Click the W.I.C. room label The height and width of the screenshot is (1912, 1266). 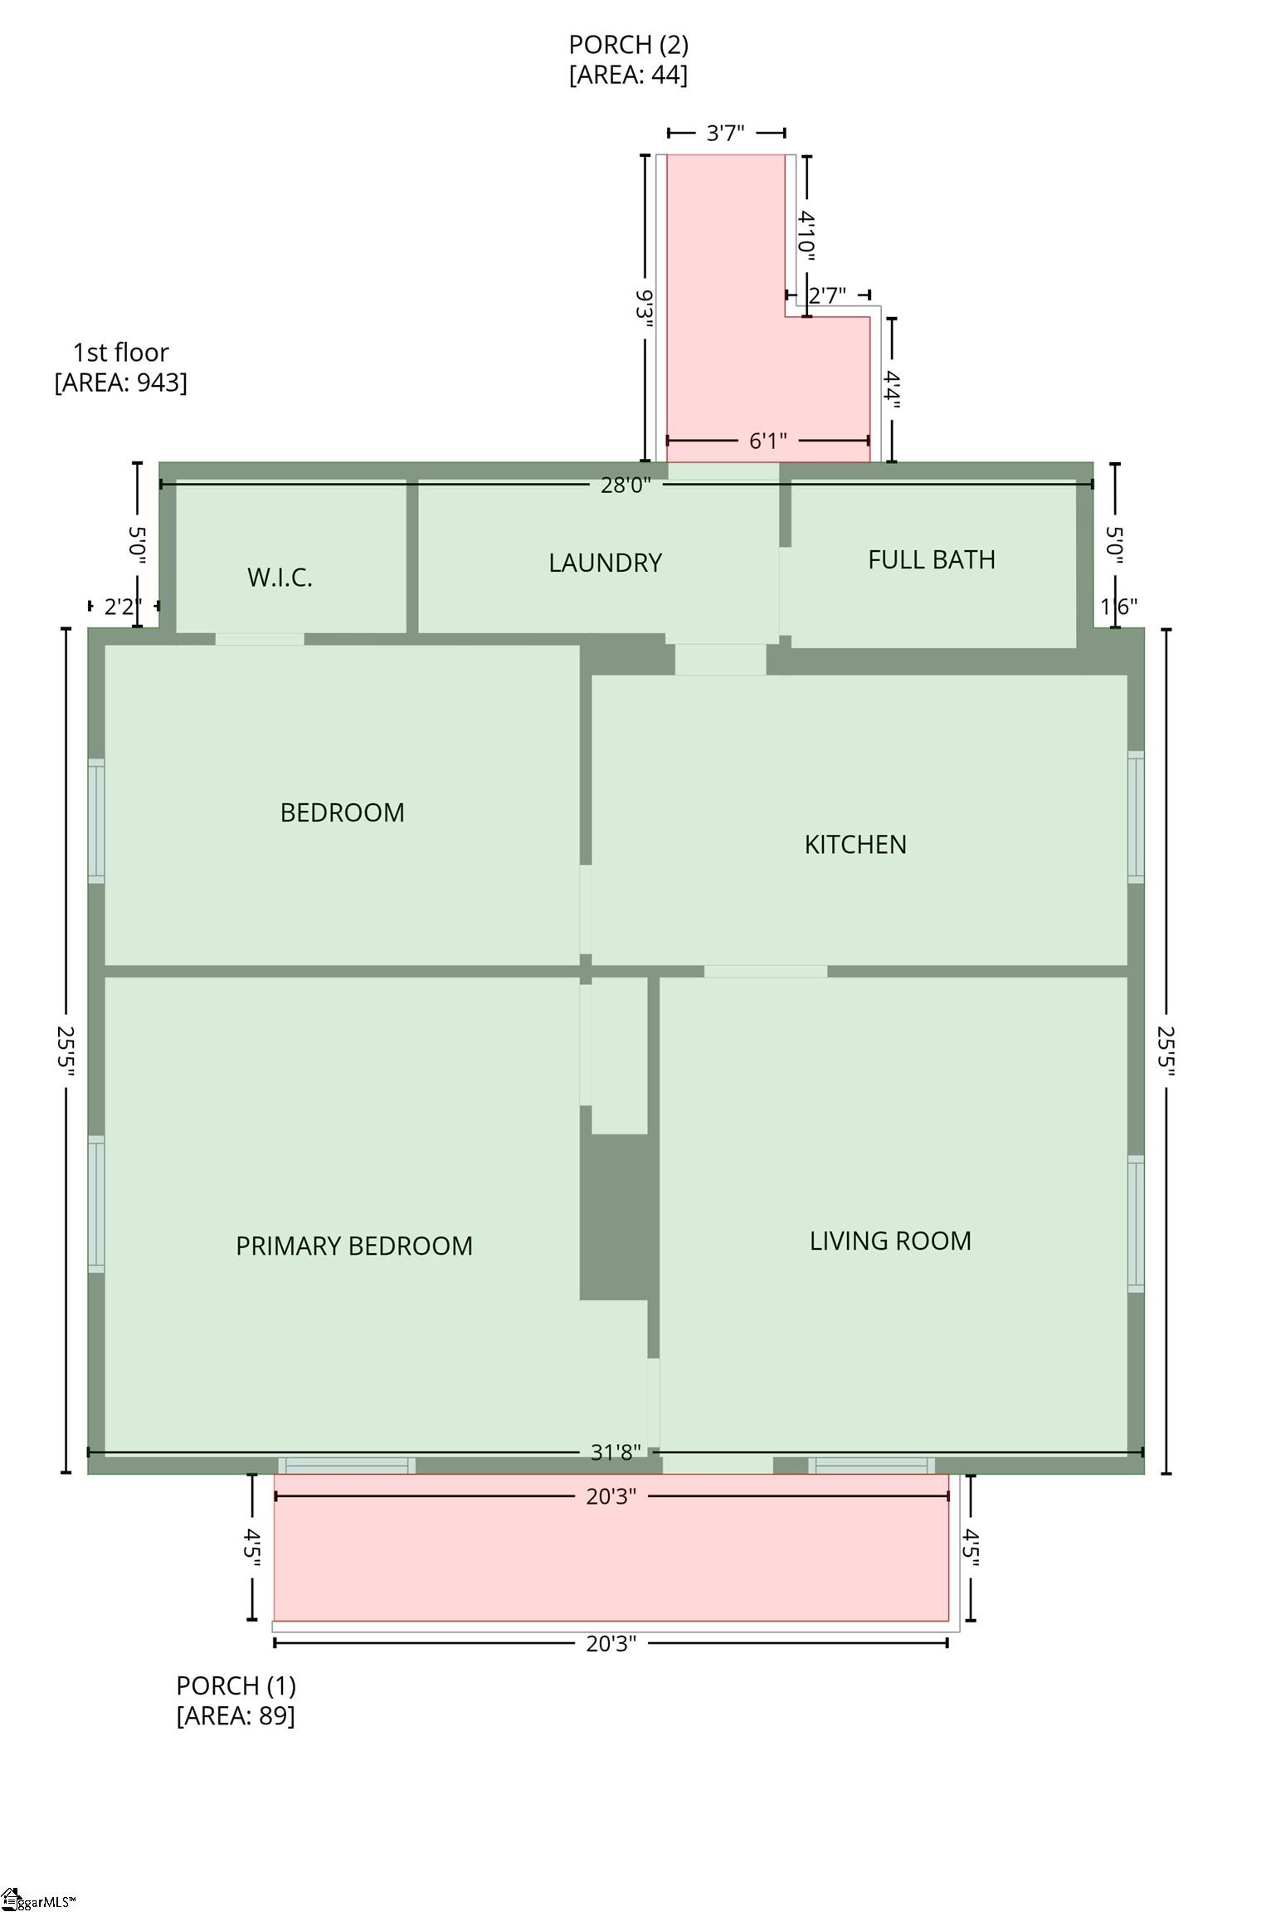tap(280, 578)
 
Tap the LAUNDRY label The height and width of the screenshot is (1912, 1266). tap(606, 563)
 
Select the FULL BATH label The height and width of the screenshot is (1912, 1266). tap(932, 559)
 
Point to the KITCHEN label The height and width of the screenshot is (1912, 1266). tap(855, 844)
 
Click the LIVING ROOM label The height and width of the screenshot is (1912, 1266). tap(890, 1241)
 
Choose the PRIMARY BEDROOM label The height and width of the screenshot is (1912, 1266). tap(354, 1246)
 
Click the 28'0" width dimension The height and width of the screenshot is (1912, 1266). tap(626, 485)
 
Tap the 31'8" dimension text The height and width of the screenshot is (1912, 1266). tap(616, 1452)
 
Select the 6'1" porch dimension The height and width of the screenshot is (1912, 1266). tap(768, 441)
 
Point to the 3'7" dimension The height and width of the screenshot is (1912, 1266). tap(725, 133)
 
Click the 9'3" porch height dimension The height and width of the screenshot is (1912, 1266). tap(645, 308)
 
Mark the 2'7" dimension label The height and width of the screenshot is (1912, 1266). tap(827, 295)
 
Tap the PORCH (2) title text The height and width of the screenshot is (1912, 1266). tap(628, 44)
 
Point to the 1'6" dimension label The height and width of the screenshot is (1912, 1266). tap(1118, 607)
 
